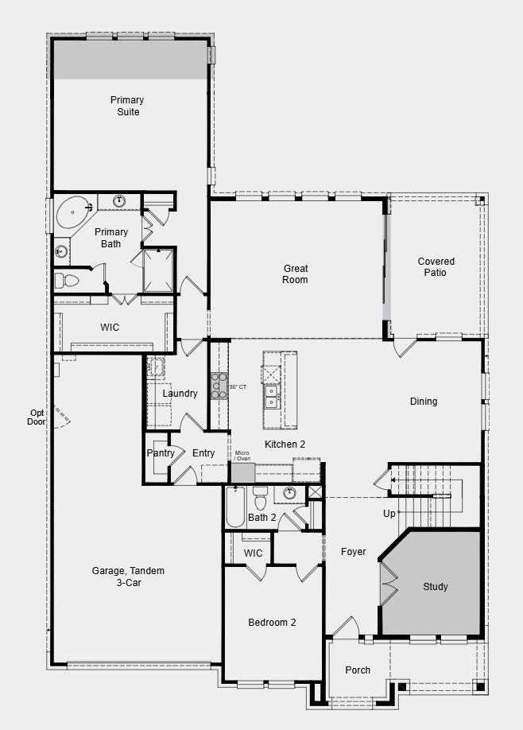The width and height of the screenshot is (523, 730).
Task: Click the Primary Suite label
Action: coord(127,106)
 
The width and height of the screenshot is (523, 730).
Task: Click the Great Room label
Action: coord(295,274)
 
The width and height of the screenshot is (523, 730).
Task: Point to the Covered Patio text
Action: coord(436,267)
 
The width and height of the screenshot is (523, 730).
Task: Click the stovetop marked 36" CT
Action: coord(219,386)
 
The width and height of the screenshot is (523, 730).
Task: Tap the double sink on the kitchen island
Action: coord(271,395)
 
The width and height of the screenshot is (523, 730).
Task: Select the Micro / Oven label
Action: coord(242,456)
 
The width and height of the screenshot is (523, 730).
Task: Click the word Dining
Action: coord(423,402)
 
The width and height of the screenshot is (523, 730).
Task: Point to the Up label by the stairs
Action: coord(389,514)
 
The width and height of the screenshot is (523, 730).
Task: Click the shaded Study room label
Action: coord(435,587)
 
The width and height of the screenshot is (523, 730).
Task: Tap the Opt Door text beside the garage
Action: coord(37,417)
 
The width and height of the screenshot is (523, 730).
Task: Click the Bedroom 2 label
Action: coord(272,623)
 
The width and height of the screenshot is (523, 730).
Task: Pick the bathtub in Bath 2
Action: coord(235,507)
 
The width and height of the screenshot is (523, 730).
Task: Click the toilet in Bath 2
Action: coord(260,501)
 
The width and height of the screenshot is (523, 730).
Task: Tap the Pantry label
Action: coord(161,453)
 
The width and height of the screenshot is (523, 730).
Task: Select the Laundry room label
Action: coord(180,394)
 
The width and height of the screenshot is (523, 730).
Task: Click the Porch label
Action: coord(358,670)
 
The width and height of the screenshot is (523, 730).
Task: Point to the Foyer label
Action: coord(354,552)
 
